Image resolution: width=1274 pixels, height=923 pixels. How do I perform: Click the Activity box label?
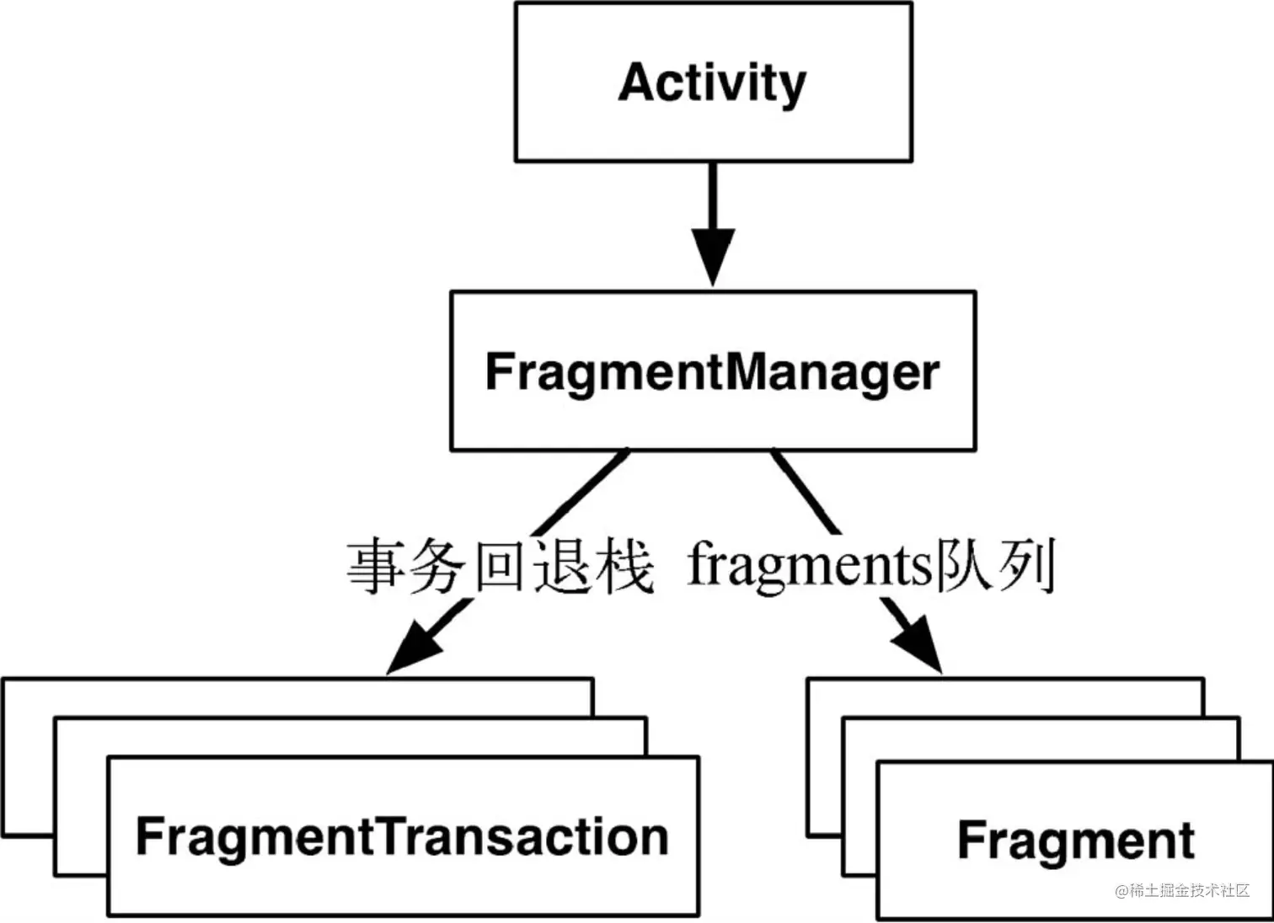tap(712, 83)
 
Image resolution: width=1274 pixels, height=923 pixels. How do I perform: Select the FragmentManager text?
tap(712, 371)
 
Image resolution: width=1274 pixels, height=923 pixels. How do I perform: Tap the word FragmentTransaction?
tap(402, 836)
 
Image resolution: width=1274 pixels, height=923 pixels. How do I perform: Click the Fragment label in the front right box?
tap(1075, 840)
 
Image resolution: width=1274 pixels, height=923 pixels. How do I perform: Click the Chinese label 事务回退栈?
tap(500, 567)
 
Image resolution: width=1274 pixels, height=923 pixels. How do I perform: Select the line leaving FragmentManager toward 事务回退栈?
tap(581, 493)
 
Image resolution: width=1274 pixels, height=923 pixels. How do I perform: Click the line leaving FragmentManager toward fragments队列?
tap(805, 493)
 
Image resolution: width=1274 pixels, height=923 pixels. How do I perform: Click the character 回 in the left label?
tap(500, 567)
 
